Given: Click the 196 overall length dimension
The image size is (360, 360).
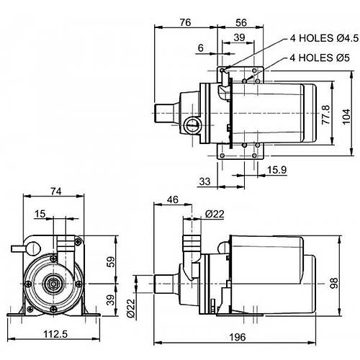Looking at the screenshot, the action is pyautogui.click(x=238, y=337).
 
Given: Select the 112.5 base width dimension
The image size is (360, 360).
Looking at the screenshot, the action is pyautogui.click(x=55, y=334).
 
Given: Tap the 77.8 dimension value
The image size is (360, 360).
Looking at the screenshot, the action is pyautogui.click(x=325, y=114).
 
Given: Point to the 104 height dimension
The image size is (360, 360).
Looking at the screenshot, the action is pyautogui.click(x=346, y=117).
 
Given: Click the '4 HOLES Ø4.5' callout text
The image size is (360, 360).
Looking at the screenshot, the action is pyautogui.click(x=324, y=38).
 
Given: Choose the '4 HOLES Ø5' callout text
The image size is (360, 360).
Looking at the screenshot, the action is pyautogui.click(x=320, y=58).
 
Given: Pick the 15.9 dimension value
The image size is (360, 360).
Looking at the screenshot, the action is pyautogui.click(x=276, y=170).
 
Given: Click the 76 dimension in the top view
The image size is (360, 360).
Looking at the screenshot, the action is pyautogui.click(x=185, y=22).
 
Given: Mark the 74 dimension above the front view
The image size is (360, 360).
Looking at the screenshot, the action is pyautogui.click(x=56, y=192).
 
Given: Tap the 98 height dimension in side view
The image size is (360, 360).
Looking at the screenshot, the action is pyautogui.click(x=334, y=283).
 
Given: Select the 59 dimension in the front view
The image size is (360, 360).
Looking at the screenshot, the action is pyautogui.click(x=111, y=262).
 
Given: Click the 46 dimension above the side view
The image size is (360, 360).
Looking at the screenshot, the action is pyautogui.click(x=173, y=199).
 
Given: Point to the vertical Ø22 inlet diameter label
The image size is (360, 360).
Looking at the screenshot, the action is pyautogui.click(x=131, y=308).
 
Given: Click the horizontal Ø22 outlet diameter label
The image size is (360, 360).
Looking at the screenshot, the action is pyautogui.click(x=215, y=214).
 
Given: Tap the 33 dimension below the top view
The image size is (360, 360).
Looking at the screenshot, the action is pyautogui.click(x=204, y=181).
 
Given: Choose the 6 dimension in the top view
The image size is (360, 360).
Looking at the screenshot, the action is pyautogui.click(x=201, y=48).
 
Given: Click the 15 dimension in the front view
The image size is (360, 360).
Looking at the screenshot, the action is pyautogui.click(x=40, y=213).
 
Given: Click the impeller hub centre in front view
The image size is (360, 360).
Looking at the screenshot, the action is pyautogui.click(x=53, y=284).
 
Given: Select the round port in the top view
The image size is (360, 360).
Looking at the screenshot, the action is pyautogui.click(x=192, y=125).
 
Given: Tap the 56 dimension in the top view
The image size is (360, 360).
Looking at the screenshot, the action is pyautogui.click(x=241, y=22).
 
